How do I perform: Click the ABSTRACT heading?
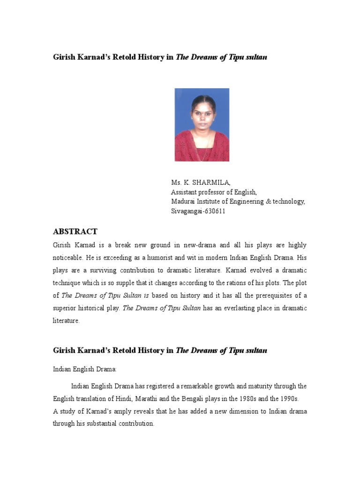point(75,232)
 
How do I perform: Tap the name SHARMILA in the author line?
point(213,182)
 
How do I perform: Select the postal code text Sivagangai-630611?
point(198,211)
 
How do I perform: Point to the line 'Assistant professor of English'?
point(213,192)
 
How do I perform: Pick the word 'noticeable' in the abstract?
point(68,258)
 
